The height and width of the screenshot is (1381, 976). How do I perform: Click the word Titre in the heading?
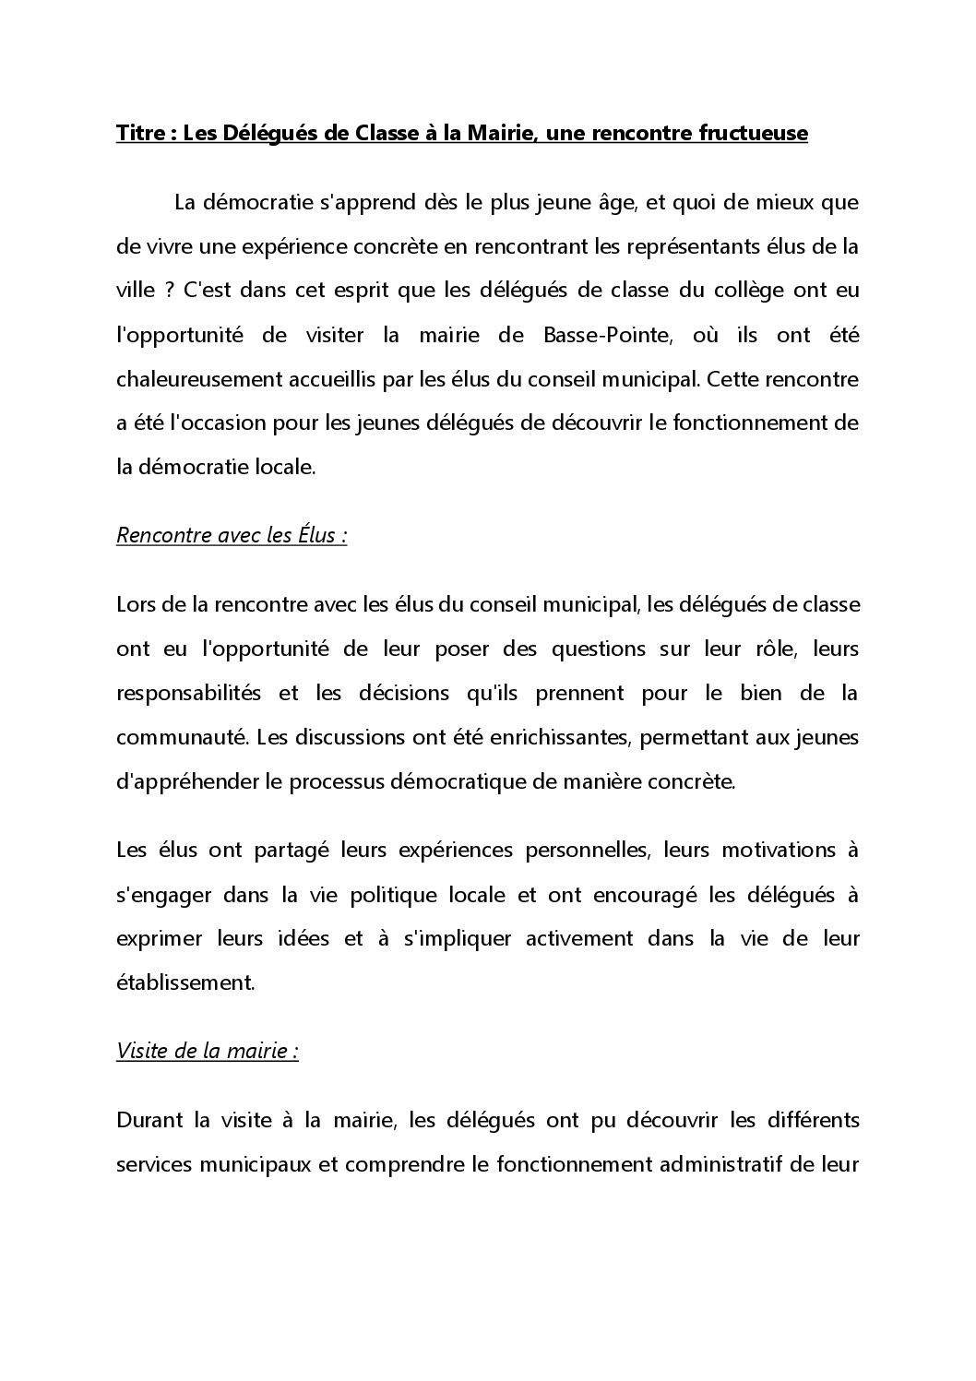139,134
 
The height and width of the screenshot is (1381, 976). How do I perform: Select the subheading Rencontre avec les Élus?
231,535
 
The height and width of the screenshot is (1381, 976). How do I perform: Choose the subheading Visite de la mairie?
207,1052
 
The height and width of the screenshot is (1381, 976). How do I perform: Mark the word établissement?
184,983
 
